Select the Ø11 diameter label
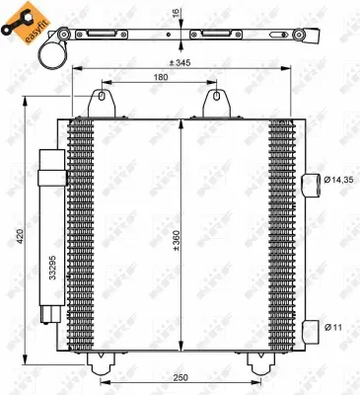pyautogui.click(x=334, y=326)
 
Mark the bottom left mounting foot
pyautogui.click(x=100, y=364)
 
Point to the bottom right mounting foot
pyautogui.click(x=260, y=364)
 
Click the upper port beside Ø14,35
pyautogui.click(x=313, y=180)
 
